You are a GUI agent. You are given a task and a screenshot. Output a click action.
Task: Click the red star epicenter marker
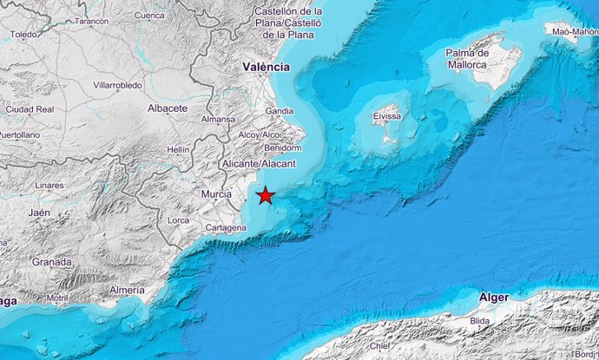point(266,196)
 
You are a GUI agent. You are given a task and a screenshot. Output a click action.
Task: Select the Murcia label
point(216,194)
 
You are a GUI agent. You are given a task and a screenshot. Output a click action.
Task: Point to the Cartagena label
point(225,228)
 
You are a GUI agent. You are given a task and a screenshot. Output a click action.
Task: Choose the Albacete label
point(168,108)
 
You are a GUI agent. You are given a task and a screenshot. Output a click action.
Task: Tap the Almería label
point(128,291)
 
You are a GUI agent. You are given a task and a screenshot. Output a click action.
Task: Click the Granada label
point(51,262)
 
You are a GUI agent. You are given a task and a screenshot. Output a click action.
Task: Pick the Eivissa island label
point(385,115)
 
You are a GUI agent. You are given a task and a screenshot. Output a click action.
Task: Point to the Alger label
point(494,298)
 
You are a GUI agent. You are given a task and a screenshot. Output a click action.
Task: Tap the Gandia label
point(280,111)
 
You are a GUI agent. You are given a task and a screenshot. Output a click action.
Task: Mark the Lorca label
point(178,221)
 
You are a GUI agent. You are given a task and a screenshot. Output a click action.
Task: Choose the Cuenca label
point(149,16)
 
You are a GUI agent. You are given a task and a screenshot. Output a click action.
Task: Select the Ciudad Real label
point(30,109)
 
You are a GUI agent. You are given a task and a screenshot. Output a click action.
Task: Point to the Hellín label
point(178,149)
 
